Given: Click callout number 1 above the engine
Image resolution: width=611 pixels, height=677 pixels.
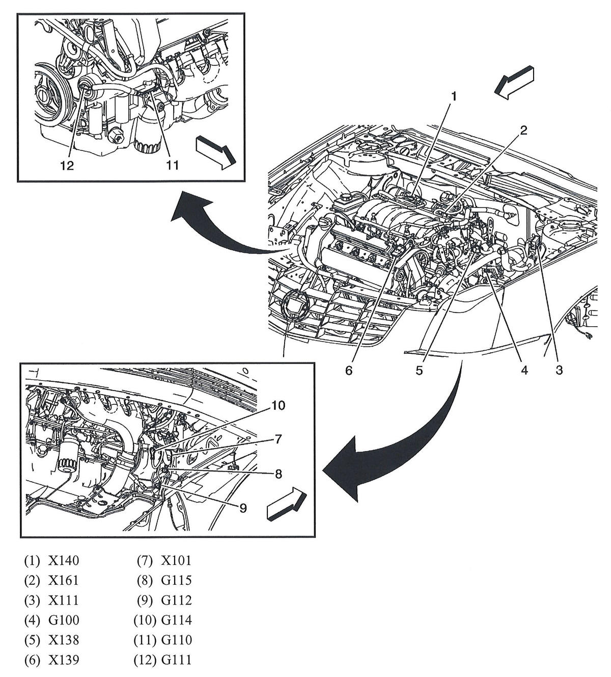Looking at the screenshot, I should point(453,96).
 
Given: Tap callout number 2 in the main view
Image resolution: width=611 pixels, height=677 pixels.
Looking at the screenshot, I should point(522,131).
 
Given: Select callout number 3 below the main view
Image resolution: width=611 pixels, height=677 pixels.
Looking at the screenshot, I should point(559,370).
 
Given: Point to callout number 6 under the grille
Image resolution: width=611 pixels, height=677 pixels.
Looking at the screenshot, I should point(349,370).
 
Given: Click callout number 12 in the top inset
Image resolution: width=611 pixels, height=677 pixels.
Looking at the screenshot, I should point(67,165).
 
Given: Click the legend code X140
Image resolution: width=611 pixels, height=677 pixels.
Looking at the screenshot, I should point(64,561).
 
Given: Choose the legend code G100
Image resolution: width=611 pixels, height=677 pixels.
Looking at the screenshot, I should point(64,620).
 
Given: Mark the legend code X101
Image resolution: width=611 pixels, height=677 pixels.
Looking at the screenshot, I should point(176,561).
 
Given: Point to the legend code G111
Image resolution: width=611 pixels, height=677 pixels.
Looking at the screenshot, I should point(176,660).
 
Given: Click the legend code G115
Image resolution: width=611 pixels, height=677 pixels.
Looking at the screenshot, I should point(176,581).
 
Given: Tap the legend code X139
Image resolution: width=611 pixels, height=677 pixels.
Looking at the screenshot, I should point(64,660).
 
